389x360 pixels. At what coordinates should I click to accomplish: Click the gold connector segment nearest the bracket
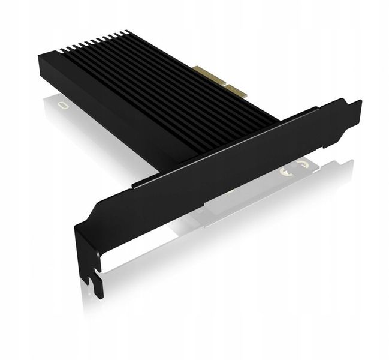tap(237, 91)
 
